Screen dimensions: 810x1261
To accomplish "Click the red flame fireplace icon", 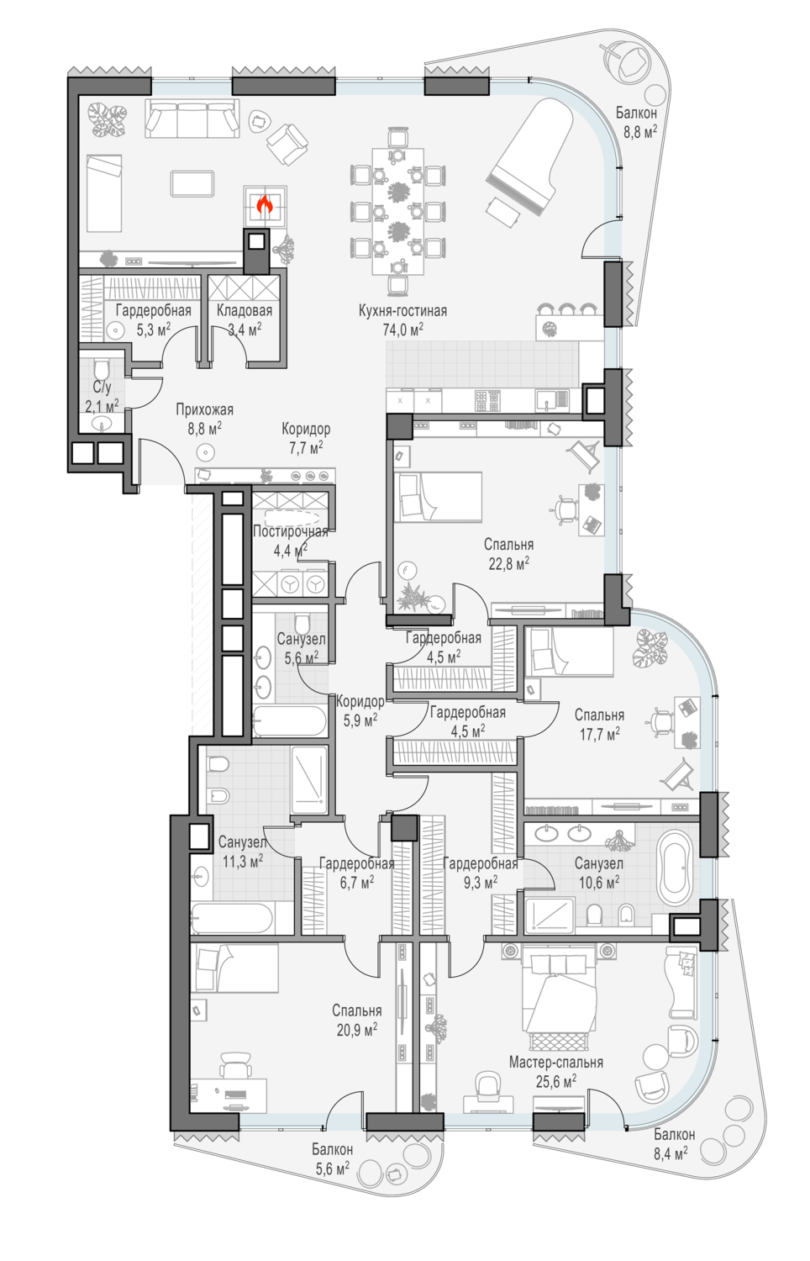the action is (265, 204).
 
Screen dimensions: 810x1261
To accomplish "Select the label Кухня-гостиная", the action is (402, 311).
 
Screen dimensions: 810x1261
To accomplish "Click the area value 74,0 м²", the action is (402, 330).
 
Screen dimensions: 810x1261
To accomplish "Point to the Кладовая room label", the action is (245, 310).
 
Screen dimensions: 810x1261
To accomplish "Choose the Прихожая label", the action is (204, 409).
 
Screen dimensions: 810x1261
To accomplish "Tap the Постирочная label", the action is (290, 531).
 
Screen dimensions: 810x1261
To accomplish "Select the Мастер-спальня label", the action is (555, 1063).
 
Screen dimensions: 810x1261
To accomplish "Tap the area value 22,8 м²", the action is (508, 563).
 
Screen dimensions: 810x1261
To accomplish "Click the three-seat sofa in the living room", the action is (192, 119).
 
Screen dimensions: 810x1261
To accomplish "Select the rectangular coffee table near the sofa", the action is (192, 183).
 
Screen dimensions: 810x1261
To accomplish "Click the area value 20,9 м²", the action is (356, 1030).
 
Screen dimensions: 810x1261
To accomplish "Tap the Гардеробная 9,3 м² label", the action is (481, 873).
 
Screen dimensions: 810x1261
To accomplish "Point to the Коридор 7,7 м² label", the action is (306, 438).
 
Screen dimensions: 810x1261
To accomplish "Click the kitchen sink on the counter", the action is (544, 400).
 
